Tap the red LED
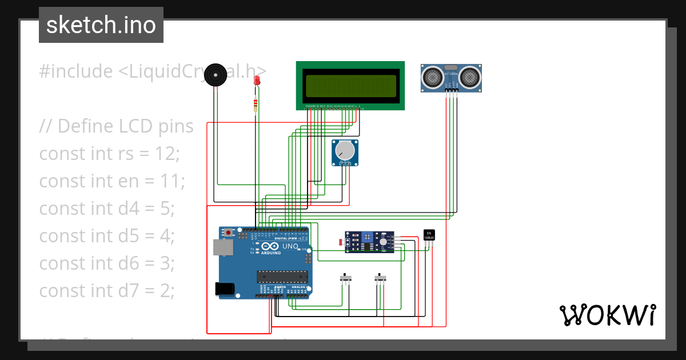[257, 82]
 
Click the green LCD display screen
[350, 86]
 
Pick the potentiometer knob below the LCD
[345, 151]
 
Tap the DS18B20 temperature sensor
[429, 235]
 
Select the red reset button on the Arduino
[229, 233]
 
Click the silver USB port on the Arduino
[222, 247]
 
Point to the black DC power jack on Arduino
[225, 289]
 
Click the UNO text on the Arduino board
[290, 247]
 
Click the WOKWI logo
[607, 315]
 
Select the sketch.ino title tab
[101, 25]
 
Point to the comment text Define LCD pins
[116, 126]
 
